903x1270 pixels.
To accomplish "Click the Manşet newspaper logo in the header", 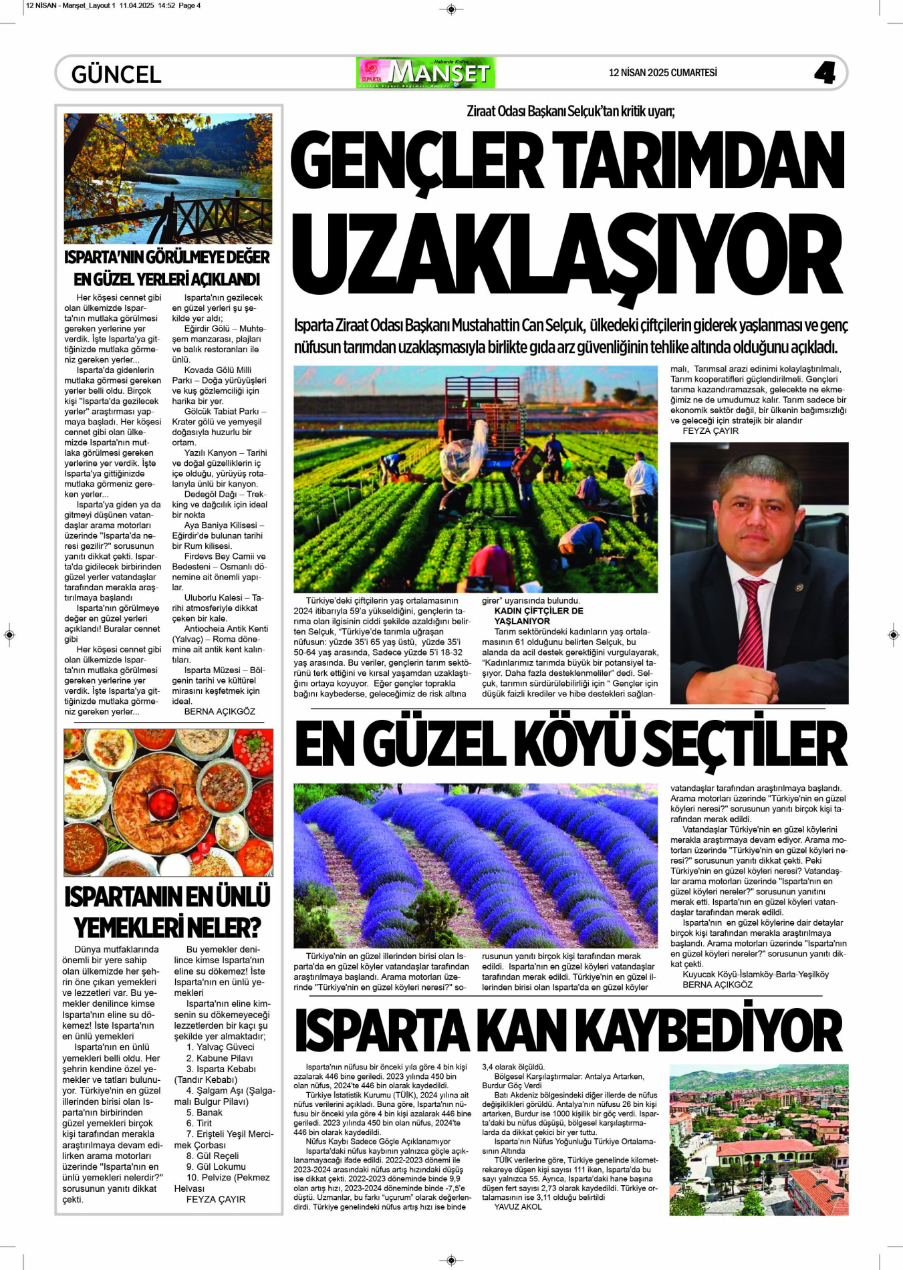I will point(426,73).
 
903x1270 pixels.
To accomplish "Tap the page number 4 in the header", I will point(824,73).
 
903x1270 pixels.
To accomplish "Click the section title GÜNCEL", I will point(116,74).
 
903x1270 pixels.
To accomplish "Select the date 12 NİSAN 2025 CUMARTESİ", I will point(662,73).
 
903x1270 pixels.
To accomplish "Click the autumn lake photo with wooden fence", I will point(168,178).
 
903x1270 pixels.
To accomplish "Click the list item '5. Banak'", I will point(204,1112).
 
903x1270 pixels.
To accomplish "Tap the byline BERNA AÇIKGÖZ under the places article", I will point(219,712).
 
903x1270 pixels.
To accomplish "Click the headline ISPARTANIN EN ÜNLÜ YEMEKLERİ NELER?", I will point(168,912).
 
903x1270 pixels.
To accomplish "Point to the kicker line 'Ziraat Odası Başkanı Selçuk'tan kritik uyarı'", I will point(571,112).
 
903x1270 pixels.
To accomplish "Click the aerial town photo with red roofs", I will point(759,1140).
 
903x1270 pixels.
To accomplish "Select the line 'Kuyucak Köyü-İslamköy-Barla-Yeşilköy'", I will point(755,975).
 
